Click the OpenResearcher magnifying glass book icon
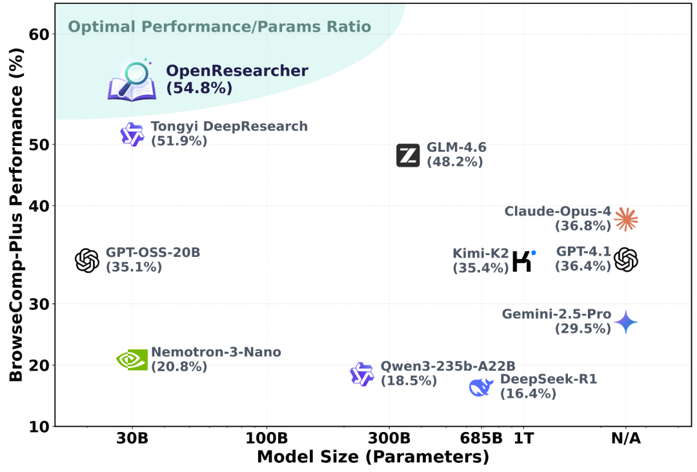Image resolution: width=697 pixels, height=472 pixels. (132, 81)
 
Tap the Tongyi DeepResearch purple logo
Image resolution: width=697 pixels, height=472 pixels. (132, 134)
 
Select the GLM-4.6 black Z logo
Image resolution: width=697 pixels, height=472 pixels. (408, 156)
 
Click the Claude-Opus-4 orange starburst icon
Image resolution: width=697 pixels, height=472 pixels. (625, 220)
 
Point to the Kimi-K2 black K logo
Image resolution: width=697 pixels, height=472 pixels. (523, 260)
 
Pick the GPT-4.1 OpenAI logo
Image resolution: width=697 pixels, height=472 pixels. (625, 260)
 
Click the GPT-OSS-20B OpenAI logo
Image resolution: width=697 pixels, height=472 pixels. (87, 261)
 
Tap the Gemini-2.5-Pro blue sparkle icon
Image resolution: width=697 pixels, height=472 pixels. (625, 322)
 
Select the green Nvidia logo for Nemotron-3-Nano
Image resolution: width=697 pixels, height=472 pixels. (132, 360)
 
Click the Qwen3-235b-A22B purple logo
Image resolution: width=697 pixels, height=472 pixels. (362, 375)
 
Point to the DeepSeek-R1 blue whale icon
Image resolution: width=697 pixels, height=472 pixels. (481, 387)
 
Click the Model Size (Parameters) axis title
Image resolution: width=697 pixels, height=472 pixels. (372, 457)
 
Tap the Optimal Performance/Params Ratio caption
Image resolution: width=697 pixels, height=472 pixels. (219, 27)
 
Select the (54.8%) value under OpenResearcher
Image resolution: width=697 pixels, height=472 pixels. (199, 88)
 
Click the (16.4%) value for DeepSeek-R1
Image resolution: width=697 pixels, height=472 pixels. (528, 393)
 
